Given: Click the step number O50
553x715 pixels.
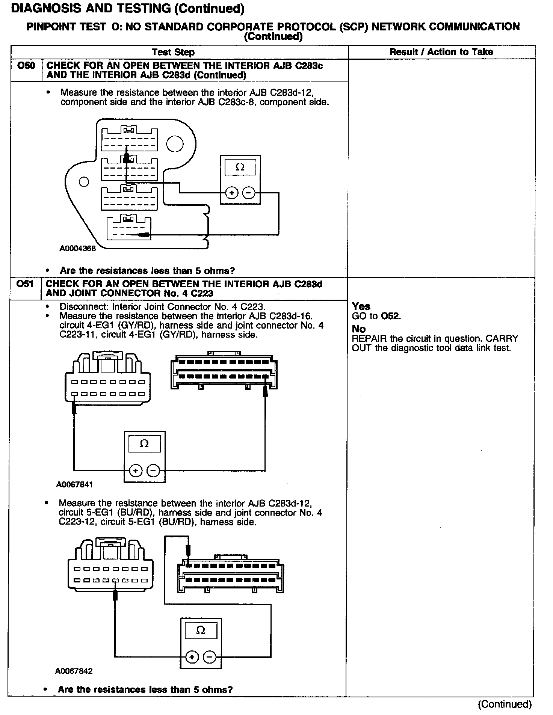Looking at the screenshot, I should pyautogui.click(x=26, y=66).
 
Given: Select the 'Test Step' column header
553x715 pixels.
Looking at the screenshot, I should pyautogui.click(x=173, y=52).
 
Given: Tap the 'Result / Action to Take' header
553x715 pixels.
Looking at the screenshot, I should pyautogui.click(x=441, y=52).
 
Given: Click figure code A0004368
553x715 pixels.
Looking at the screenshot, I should pyautogui.click(x=77, y=248).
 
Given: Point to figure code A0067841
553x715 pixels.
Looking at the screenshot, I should pyautogui.click(x=74, y=484).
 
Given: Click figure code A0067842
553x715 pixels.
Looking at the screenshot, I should pyautogui.click(x=74, y=671).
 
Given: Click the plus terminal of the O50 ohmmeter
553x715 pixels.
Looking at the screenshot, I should pyautogui.click(x=232, y=193).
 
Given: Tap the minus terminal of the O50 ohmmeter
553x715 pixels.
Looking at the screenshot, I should pyautogui.click(x=248, y=193).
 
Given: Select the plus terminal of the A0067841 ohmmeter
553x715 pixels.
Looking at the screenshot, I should pyautogui.click(x=136, y=470).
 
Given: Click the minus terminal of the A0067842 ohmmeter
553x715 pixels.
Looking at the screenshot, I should pyautogui.click(x=209, y=657).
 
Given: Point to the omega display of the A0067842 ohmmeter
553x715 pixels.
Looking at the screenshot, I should pyautogui.click(x=201, y=631).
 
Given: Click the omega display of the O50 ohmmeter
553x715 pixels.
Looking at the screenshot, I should pyautogui.click(x=240, y=167).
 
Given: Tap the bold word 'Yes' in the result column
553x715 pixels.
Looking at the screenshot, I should pyautogui.click(x=361, y=306).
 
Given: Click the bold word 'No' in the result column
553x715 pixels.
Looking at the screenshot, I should pyautogui.click(x=359, y=329).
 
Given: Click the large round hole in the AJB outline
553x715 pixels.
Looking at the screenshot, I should pyautogui.click(x=175, y=144).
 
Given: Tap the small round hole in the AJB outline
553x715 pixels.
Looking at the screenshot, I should pyautogui.click(x=84, y=182).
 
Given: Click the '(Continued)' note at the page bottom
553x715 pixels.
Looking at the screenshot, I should pyautogui.click(x=505, y=704).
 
